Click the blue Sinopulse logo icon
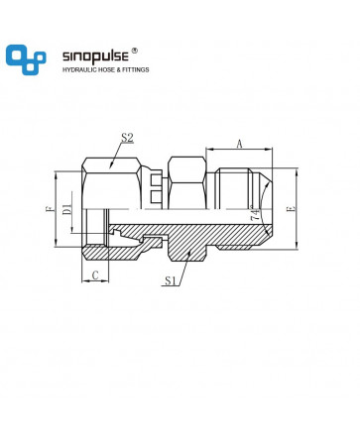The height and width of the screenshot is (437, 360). coord(26,59)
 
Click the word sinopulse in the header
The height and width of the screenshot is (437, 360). coord(95,56)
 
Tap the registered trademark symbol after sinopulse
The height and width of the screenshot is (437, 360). coord(135,51)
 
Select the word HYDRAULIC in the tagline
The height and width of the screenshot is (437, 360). coord(78,69)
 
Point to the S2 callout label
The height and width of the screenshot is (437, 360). coord(127,138)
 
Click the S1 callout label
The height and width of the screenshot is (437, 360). coord(171,280)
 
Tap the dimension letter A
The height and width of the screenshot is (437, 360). coord(240,144)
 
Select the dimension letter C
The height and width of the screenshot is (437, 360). coord(95,275)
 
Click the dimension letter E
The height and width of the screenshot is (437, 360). coord(292,208)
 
